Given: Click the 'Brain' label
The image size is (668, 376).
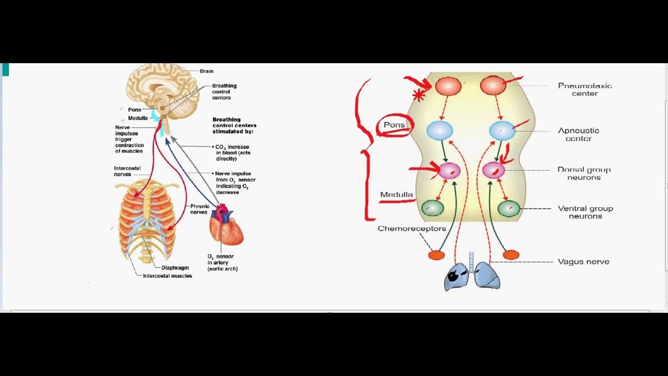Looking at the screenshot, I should point(206,71).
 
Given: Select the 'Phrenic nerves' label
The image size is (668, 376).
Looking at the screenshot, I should point(199,209).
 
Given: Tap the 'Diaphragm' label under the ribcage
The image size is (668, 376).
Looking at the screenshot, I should point(175,268).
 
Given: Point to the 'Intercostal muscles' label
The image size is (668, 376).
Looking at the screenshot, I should point(168,276).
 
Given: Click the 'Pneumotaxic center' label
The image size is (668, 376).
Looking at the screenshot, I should point(584,89).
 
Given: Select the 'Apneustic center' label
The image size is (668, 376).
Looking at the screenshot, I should point(578,134).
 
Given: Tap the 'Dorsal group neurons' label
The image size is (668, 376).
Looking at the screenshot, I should point(583,173).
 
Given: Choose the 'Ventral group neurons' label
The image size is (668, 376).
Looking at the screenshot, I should point(585,212).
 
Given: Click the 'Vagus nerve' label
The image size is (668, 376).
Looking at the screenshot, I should point(583,262).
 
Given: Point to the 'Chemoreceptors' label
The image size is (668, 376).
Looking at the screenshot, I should point(412,229).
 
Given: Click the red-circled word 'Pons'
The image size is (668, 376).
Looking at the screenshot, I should point(394,125).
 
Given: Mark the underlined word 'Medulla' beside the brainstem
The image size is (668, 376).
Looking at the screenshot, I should point(396,195).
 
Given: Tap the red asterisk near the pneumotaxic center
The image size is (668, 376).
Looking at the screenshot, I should point(419,95).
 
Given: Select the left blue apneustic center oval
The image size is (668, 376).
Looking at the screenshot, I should point(439,131).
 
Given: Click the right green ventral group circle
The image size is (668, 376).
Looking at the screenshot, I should point(508,208).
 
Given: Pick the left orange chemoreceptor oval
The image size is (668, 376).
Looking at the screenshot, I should point(436,255).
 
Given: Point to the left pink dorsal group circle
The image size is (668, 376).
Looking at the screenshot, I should point(449,170).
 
